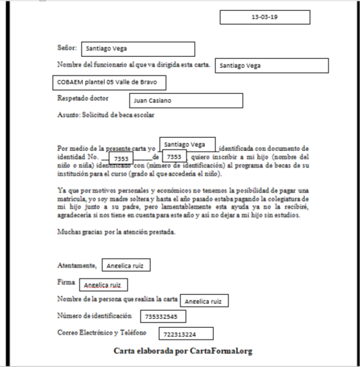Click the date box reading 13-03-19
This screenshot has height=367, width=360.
coord(265,16)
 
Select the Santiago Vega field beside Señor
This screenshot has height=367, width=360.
coord(137,49)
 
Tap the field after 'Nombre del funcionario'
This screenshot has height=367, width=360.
coord(272,66)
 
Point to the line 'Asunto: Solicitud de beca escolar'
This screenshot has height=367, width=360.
coord(110,115)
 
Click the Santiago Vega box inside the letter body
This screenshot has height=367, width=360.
coord(188,145)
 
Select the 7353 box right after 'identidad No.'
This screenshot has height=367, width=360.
coord(122,158)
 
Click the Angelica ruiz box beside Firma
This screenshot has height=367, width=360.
coord(103,283)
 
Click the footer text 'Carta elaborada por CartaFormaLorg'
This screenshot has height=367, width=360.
coord(183,351)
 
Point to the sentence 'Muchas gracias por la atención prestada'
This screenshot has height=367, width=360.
coord(117,232)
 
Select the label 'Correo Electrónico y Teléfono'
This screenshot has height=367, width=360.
coord(102,333)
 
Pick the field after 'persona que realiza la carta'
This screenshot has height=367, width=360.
coord(204,300)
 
